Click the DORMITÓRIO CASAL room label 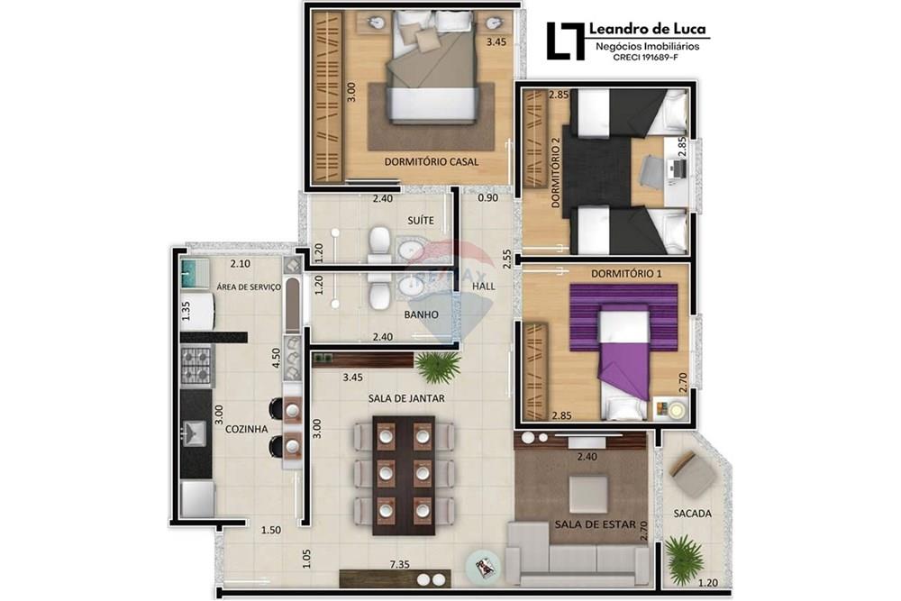point(431,162)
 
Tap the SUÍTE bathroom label point(421,220)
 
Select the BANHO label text point(421,314)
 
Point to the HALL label point(484,287)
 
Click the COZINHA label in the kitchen point(247,429)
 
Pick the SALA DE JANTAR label point(406,398)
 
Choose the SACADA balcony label point(692,514)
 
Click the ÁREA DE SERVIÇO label point(249,287)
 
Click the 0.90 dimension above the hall point(487,198)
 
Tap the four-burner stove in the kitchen point(196,366)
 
